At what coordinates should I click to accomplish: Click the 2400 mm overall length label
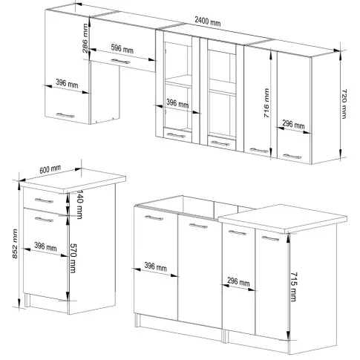pos(207,21)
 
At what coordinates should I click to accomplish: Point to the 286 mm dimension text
pos(85,39)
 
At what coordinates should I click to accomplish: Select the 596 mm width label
pos(122,48)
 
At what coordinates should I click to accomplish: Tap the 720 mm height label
pos(344,104)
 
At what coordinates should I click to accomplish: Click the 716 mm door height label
pos(266,102)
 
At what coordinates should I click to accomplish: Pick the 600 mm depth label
pos(50,169)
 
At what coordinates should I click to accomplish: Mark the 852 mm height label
pos(15,243)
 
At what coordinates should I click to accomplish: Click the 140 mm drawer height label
pos(79,204)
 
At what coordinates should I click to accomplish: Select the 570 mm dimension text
pos(73,258)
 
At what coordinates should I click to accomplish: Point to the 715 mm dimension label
pos(294,287)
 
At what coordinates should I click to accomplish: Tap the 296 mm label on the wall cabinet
pos(293,125)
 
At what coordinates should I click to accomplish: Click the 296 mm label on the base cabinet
pos(238,282)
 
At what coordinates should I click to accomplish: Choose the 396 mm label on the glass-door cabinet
pos(177,103)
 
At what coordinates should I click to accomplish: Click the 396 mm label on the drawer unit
pos(45,246)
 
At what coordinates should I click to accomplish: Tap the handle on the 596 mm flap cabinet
pos(120,61)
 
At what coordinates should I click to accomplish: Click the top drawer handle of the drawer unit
pos(44,200)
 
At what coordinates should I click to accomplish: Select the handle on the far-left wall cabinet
pos(65,115)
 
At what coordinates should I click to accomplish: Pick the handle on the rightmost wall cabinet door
pos(292,156)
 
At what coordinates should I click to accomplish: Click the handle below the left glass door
pos(176,135)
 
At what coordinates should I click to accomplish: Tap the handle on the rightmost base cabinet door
pos(270,238)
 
